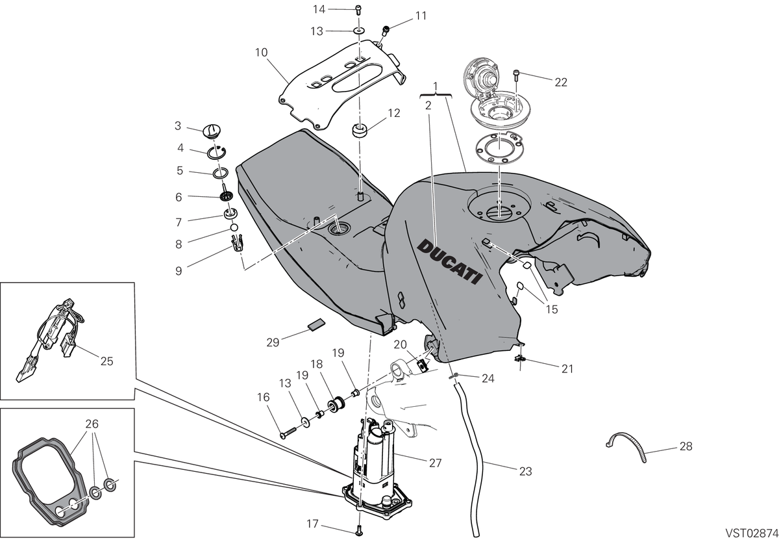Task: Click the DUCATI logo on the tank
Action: point(450,261)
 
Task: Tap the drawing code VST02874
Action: point(752,533)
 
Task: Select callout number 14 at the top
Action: point(319,9)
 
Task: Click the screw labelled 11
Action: point(386,31)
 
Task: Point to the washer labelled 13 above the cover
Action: point(359,31)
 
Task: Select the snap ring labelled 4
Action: point(217,153)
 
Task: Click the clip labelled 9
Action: point(237,243)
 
